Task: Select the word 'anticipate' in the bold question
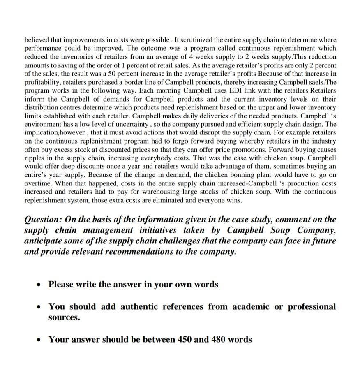pos(43,241)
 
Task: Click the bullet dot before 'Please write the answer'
pos(38,285)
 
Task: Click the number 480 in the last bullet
pos(219,340)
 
